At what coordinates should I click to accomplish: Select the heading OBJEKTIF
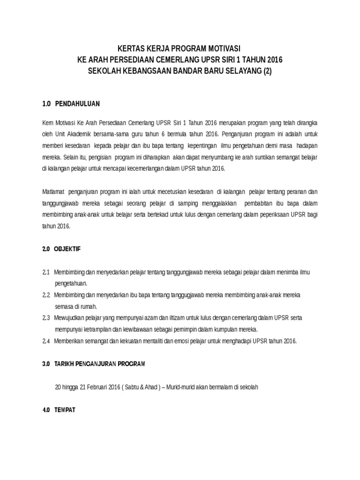pos(67,249)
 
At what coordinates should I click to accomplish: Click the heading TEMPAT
pos(65,410)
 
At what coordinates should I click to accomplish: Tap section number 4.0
pos(46,410)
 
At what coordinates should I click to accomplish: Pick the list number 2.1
pos(46,272)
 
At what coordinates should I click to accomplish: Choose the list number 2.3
pos(46,318)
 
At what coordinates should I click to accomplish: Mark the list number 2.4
pos(46,341)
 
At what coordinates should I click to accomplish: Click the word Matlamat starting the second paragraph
pos(53,192)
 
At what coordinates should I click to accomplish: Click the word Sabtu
pos(138,387)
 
